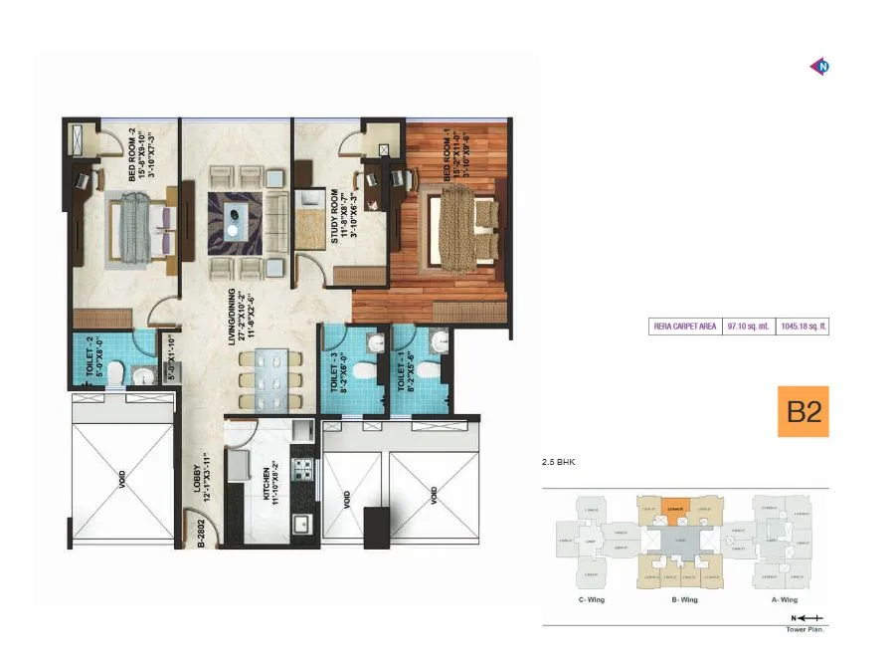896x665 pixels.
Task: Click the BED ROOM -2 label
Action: pyautogui.click(x=136, y=153)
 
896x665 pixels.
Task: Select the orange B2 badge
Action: pyautogui.click(x=803, y=412)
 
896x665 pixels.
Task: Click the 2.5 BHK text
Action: pyautogui.click(x=560, y=462)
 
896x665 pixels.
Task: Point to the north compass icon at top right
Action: pyautogui.click(x=820, y=67)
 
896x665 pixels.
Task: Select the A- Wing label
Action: pyautogui.click(x=785, y=600)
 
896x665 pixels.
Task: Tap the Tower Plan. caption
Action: pyautogui.click(x=806, y=629)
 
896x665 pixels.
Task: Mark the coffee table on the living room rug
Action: pyautogui.click(x=234, y=216)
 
